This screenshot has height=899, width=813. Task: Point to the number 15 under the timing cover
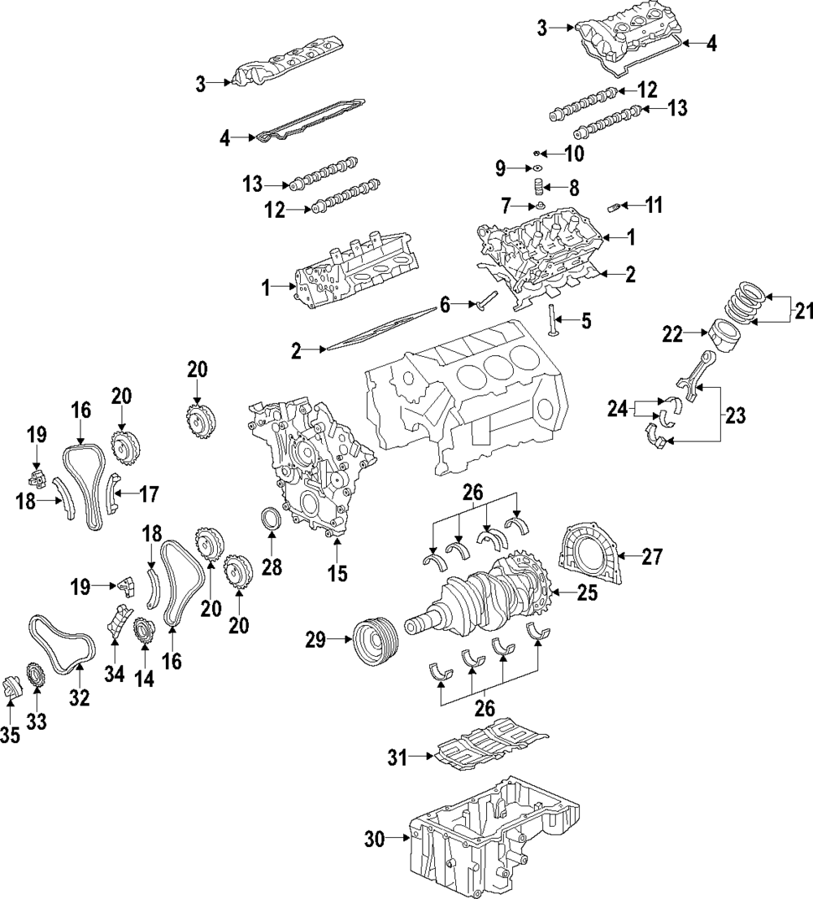337,574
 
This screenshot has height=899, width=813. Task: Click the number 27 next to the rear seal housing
652,557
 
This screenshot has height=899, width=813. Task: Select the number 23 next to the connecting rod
734,416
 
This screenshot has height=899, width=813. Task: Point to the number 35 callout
10,736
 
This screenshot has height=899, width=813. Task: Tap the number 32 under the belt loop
80,697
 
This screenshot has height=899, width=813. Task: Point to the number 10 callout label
574,154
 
